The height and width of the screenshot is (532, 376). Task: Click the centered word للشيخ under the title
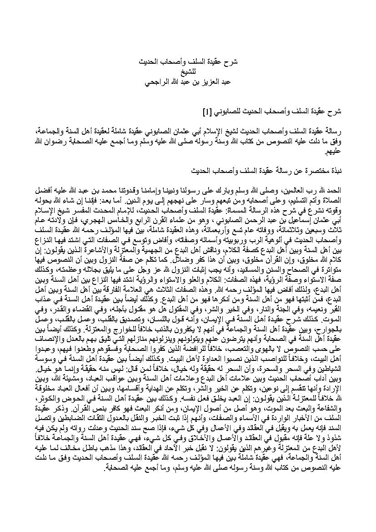tap(188, 71)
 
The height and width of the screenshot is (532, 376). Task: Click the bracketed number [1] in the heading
tap(206, 111)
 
